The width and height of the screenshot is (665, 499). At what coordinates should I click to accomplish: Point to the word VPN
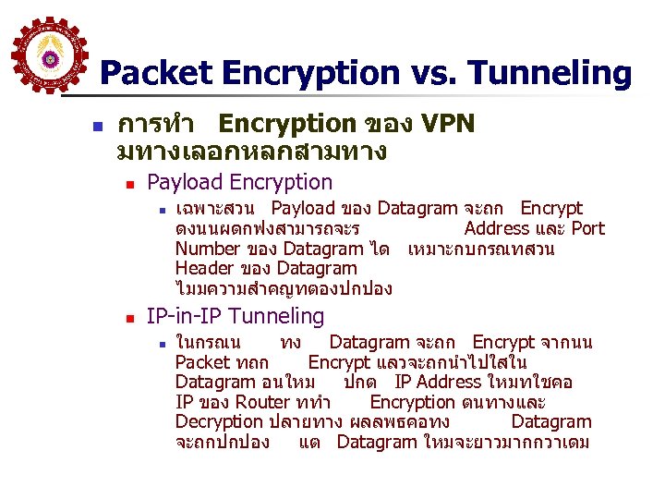point(448,124)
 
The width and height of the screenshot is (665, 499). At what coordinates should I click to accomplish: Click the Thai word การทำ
point(153,124)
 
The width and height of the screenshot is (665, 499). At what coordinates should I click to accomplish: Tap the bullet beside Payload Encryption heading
point(129,183)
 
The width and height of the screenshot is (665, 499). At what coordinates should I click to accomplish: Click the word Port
point(587,228)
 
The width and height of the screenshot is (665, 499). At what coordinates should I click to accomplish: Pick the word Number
point(207,249)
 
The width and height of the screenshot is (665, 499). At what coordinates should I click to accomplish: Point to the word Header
point(204,269)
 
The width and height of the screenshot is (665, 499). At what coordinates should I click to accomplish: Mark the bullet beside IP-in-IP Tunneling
point(129,317)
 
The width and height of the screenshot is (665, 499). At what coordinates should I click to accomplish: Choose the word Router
point(263,402)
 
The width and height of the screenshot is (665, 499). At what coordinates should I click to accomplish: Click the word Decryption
point(219,422)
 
